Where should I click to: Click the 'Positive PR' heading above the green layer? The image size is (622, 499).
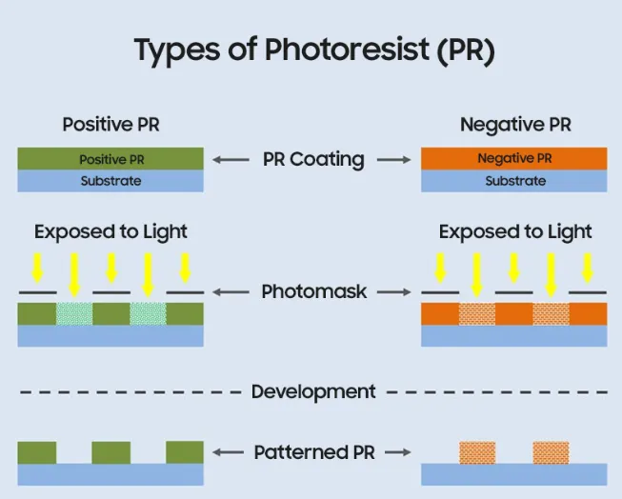110,125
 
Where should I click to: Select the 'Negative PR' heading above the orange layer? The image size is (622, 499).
514,125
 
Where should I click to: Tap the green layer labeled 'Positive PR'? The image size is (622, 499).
110,159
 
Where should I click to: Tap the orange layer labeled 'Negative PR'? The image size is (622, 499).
514,158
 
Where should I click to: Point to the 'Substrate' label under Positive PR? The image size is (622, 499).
110,181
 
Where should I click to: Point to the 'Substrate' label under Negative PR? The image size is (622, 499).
514,181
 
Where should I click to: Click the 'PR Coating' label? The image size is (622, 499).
313,159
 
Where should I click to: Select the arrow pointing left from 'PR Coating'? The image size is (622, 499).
231,160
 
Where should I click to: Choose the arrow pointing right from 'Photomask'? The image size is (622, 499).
394,292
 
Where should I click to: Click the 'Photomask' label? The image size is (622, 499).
313,292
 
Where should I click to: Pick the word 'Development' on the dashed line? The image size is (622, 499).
313,391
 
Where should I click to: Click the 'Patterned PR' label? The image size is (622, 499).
313,453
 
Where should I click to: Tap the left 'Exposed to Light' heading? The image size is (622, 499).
110,231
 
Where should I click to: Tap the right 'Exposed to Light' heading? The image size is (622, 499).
514,231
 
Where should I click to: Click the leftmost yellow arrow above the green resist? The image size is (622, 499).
38,267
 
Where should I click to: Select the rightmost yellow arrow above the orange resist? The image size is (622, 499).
587,267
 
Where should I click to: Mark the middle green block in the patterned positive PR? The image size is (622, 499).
110,452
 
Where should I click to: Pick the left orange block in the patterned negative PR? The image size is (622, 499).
477,452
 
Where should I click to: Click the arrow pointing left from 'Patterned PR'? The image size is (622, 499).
231,453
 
